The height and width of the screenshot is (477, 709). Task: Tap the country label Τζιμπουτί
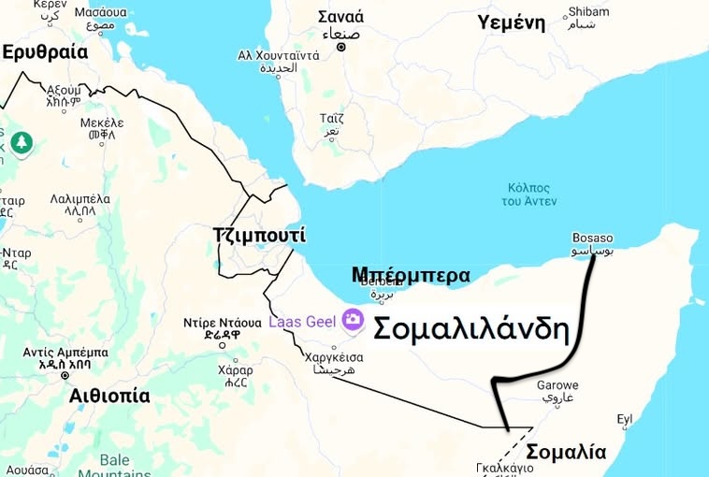[259, 236]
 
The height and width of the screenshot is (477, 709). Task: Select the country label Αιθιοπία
[109, 396]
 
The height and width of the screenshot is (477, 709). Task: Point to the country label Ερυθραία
[45, 52]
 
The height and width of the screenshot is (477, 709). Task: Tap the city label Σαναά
[341, 17]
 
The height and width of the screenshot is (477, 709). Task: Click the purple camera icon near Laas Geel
[353, 320]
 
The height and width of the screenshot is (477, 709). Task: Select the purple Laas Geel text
[303, 321]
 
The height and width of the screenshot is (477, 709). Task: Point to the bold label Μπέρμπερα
[411, 275]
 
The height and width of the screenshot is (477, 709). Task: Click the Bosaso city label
[593, 238]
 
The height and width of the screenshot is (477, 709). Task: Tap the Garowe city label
[557, 385]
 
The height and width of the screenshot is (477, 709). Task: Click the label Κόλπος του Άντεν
[528, 194]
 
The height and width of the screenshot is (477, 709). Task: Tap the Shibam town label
[586, 12]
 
